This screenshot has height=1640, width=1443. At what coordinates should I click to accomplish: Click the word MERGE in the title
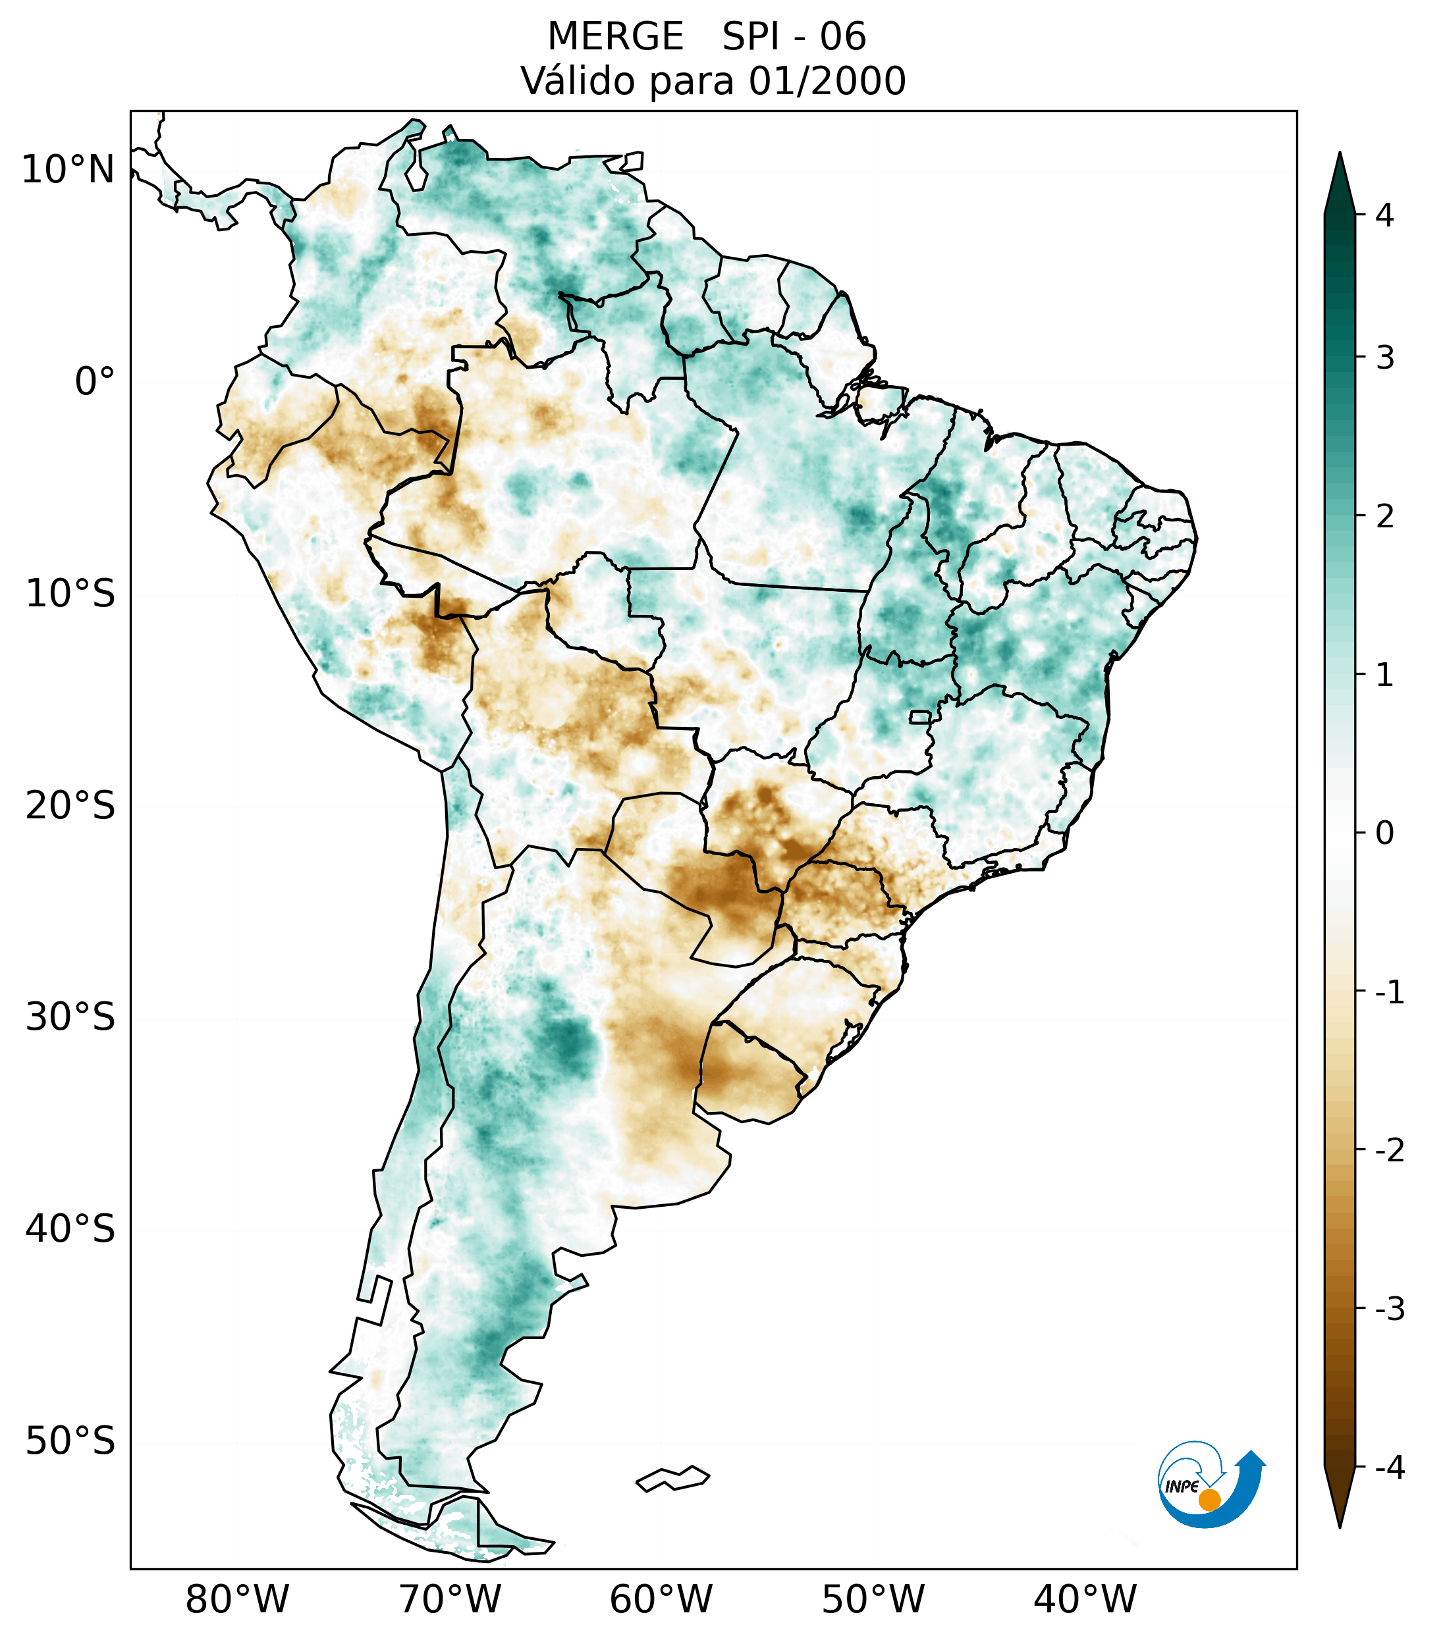[x=616, y=37]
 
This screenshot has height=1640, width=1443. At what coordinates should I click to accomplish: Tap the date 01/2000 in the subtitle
[x=827, y=81]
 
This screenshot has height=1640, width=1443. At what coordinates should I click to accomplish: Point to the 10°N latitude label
[x=67, y=170]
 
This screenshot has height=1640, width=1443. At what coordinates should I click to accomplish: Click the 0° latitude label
[x=95, y=382]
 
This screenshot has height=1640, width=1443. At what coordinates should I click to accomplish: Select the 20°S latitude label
[x=70, y=806]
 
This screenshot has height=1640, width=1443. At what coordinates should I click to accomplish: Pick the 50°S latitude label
[x=70, y=1442]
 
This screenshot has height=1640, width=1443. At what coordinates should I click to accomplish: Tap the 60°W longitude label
[x=661, y=1600]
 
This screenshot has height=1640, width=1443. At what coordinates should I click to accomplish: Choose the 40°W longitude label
[x=1085, y=1600]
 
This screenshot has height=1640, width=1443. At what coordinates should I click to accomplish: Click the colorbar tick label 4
[x=1384, y=215]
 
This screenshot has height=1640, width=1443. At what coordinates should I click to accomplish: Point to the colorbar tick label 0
[x=1384, y=833]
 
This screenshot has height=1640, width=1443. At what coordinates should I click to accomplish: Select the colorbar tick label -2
[x=1389, y=1151]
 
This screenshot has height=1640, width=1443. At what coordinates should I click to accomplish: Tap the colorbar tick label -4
[x=1389, y=1468]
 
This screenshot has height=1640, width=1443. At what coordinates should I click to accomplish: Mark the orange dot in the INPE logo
[x=1209, y=1500]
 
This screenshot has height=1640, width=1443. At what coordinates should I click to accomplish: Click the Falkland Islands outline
[x=673, y=1478]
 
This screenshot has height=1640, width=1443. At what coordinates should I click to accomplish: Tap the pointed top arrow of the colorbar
[x=1339, y=180]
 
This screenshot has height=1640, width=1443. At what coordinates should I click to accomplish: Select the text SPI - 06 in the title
[x=794, y=37]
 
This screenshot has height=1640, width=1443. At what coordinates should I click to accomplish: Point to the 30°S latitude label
[x=70, y=1017]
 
